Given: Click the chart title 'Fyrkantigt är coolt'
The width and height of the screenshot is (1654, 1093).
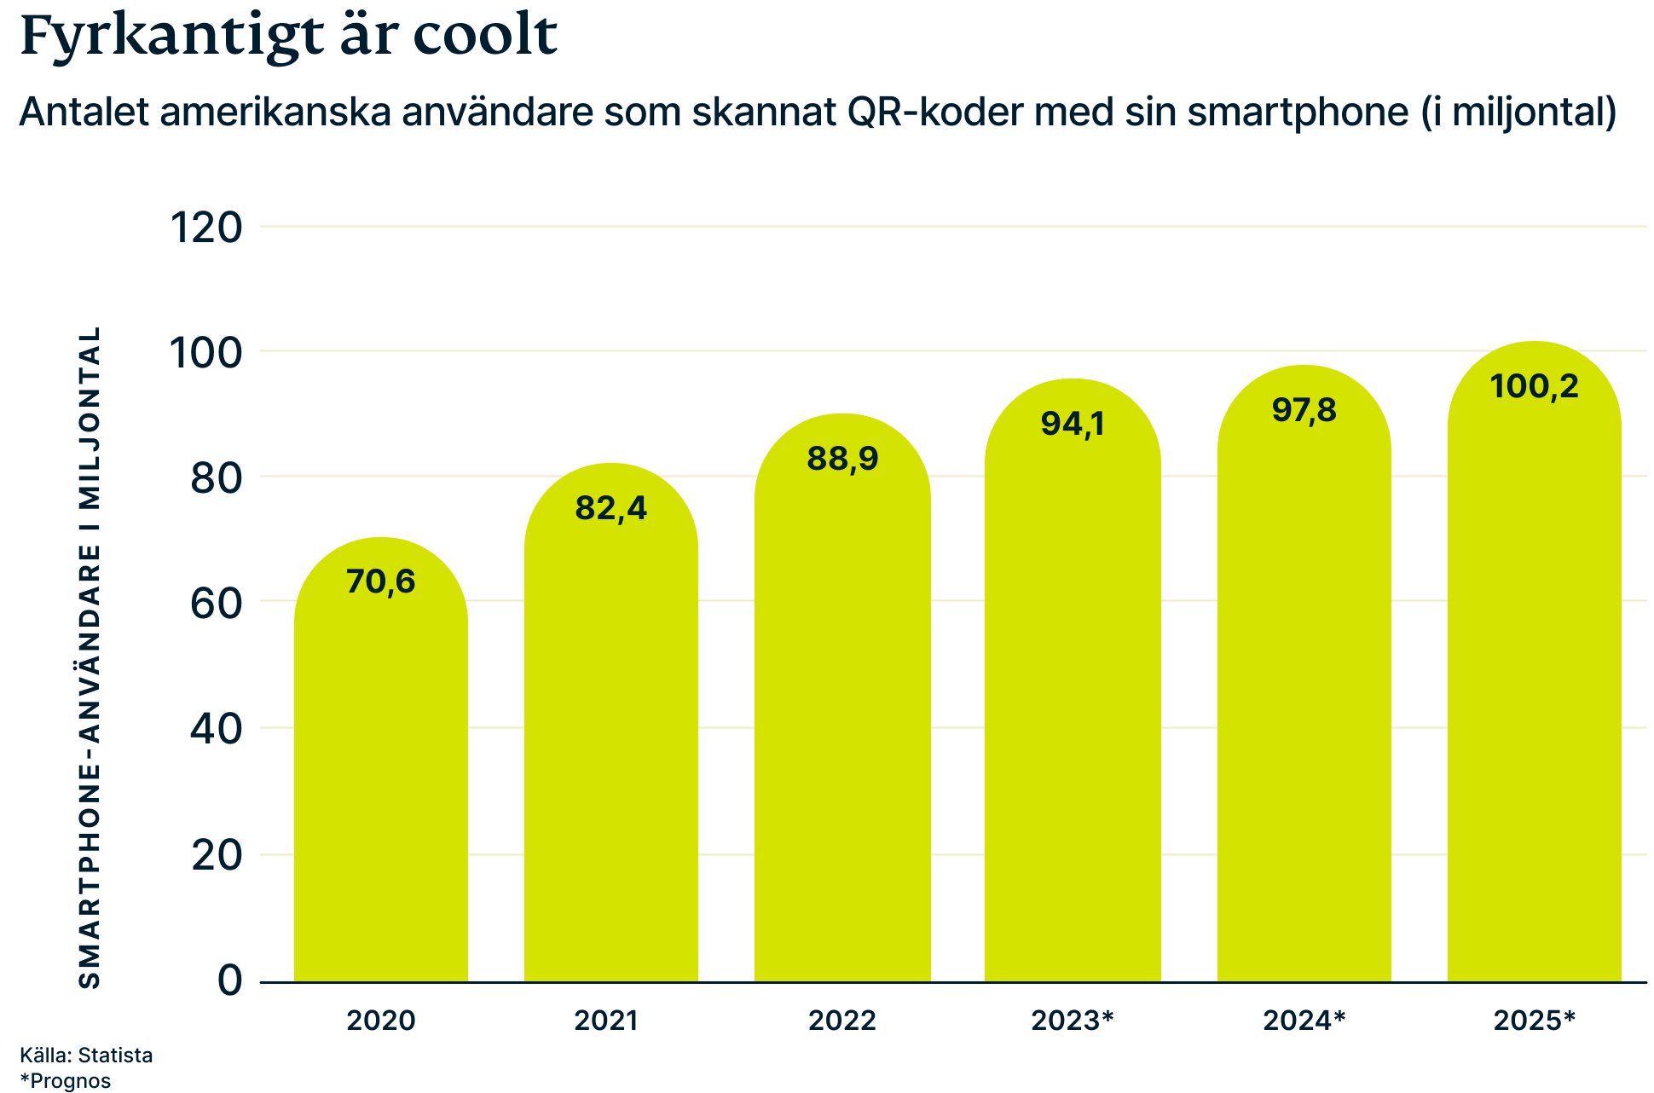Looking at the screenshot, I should point(288,36).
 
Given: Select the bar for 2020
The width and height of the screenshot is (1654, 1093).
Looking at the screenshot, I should point(381,767).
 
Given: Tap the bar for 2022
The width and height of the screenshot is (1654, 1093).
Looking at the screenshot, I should point(842,725).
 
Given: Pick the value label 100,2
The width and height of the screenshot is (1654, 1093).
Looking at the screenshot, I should point(1534,386).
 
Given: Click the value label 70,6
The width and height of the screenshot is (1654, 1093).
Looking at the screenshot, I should point(381,581).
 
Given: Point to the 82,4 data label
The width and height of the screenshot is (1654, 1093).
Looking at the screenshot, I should point(610,508).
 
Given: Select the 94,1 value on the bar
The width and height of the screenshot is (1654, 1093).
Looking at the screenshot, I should point(1073,424).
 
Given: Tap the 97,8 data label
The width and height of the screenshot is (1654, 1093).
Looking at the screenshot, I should point(1304,410).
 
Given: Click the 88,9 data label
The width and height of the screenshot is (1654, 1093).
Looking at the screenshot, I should point(842,459).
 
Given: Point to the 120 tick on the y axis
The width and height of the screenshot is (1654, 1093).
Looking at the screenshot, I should point(206,228).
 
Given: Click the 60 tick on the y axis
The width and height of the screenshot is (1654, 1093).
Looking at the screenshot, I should point(216,604).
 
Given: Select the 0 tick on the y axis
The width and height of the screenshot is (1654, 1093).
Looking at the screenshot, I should point(229,980).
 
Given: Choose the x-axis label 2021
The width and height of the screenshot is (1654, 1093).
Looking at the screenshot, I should point(605,1021).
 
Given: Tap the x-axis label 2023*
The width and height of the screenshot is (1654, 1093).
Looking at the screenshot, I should point(1073,1021).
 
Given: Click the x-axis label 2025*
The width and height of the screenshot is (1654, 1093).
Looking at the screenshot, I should point(1534,1021).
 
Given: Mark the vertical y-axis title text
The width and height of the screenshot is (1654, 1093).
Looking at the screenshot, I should point(90,656).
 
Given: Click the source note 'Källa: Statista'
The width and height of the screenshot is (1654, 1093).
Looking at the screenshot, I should point(86,1055).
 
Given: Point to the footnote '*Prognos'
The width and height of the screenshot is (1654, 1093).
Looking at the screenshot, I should point(66,1081).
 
